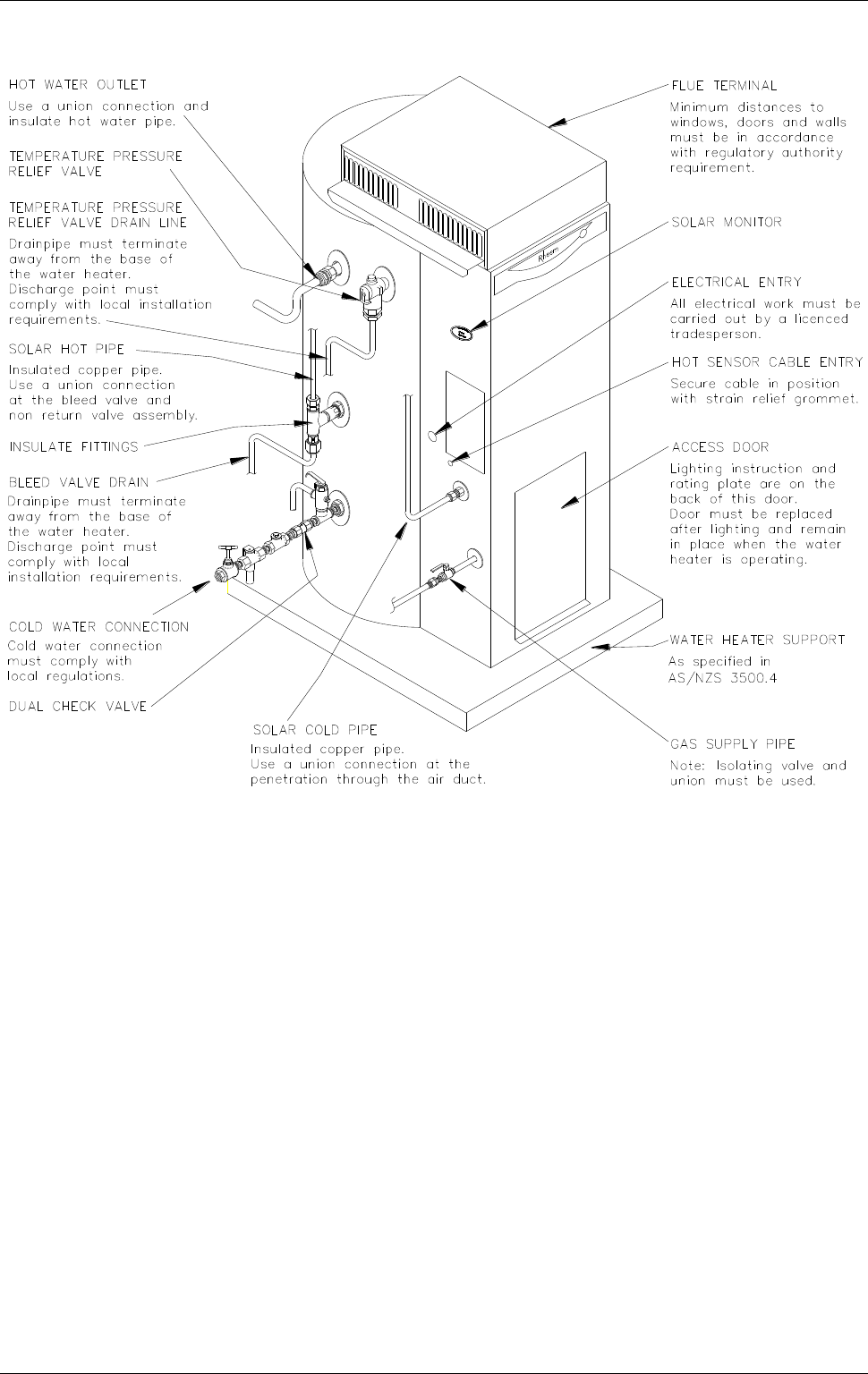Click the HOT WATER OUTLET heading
pos(78,85)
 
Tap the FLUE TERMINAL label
pos(724,86)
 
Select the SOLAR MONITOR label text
pos(727,223)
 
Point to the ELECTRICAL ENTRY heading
pos(736,282)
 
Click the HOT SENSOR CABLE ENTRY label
pos(767,362)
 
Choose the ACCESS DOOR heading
pos(719,447)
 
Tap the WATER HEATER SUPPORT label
pos(757,640)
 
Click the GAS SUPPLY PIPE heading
pos(732,744)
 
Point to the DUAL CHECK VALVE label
pos(77,707)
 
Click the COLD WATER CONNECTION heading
pos(98,626)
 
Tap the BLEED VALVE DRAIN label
pos(78,482)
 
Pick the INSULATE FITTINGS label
pos(73,445)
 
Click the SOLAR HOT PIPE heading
pos(66,349)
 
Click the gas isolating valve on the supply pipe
pos(438,570)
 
